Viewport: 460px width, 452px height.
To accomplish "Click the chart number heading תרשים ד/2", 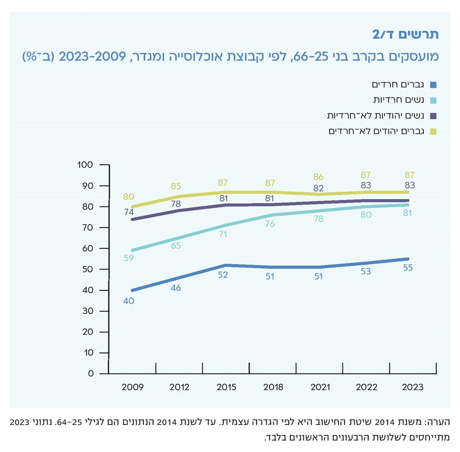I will [405, 34].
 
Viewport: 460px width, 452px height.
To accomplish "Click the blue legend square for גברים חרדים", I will [433, 85].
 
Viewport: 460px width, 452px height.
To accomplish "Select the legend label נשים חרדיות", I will [398, 100].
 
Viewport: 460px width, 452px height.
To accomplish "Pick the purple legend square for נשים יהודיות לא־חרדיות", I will [433, 116].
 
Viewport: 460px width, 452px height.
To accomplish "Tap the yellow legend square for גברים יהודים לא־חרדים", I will [433, 132].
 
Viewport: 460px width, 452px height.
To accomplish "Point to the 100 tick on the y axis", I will [85, 165].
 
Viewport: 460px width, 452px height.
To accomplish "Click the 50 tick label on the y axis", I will [87, 269].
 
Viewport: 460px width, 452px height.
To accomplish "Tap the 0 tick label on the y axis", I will [91, 373].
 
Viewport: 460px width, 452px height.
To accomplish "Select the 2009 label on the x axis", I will [132, 387].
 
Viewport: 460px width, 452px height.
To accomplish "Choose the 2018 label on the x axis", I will [273, 387].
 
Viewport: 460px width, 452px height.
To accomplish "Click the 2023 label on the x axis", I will [413, 387].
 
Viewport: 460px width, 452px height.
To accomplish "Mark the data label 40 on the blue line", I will [128, 301].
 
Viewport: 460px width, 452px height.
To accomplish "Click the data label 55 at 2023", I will [408, 268].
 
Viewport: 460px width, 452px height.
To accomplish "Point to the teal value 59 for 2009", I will [128, 258].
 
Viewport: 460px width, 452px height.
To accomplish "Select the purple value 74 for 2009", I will [129, 212].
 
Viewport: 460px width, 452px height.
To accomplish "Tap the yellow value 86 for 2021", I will [318, 177].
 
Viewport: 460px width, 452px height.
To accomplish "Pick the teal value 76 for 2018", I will [270, 224].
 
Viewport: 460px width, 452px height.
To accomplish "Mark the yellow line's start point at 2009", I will [132, 207].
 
